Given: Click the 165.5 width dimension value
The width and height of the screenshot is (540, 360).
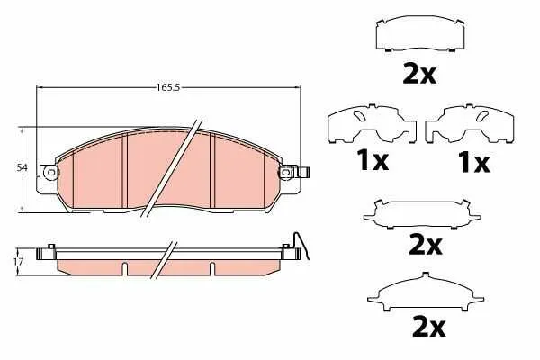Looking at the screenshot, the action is [169, 88].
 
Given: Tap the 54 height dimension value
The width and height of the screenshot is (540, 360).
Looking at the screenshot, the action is [22, 167].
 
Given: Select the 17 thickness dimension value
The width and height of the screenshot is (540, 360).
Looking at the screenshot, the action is [19, 262].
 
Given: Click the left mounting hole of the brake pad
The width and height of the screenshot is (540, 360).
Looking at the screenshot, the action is [51, 172].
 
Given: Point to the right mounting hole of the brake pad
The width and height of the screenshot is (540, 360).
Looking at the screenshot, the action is [286, 172].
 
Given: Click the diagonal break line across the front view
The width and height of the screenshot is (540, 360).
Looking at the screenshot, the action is [171, 168].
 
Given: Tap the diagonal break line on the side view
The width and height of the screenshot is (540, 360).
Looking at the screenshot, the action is [164, 259].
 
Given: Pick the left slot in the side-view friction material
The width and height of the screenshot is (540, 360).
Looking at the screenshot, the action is [125, 269].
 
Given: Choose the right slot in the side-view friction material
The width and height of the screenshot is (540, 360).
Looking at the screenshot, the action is [212, 269].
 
